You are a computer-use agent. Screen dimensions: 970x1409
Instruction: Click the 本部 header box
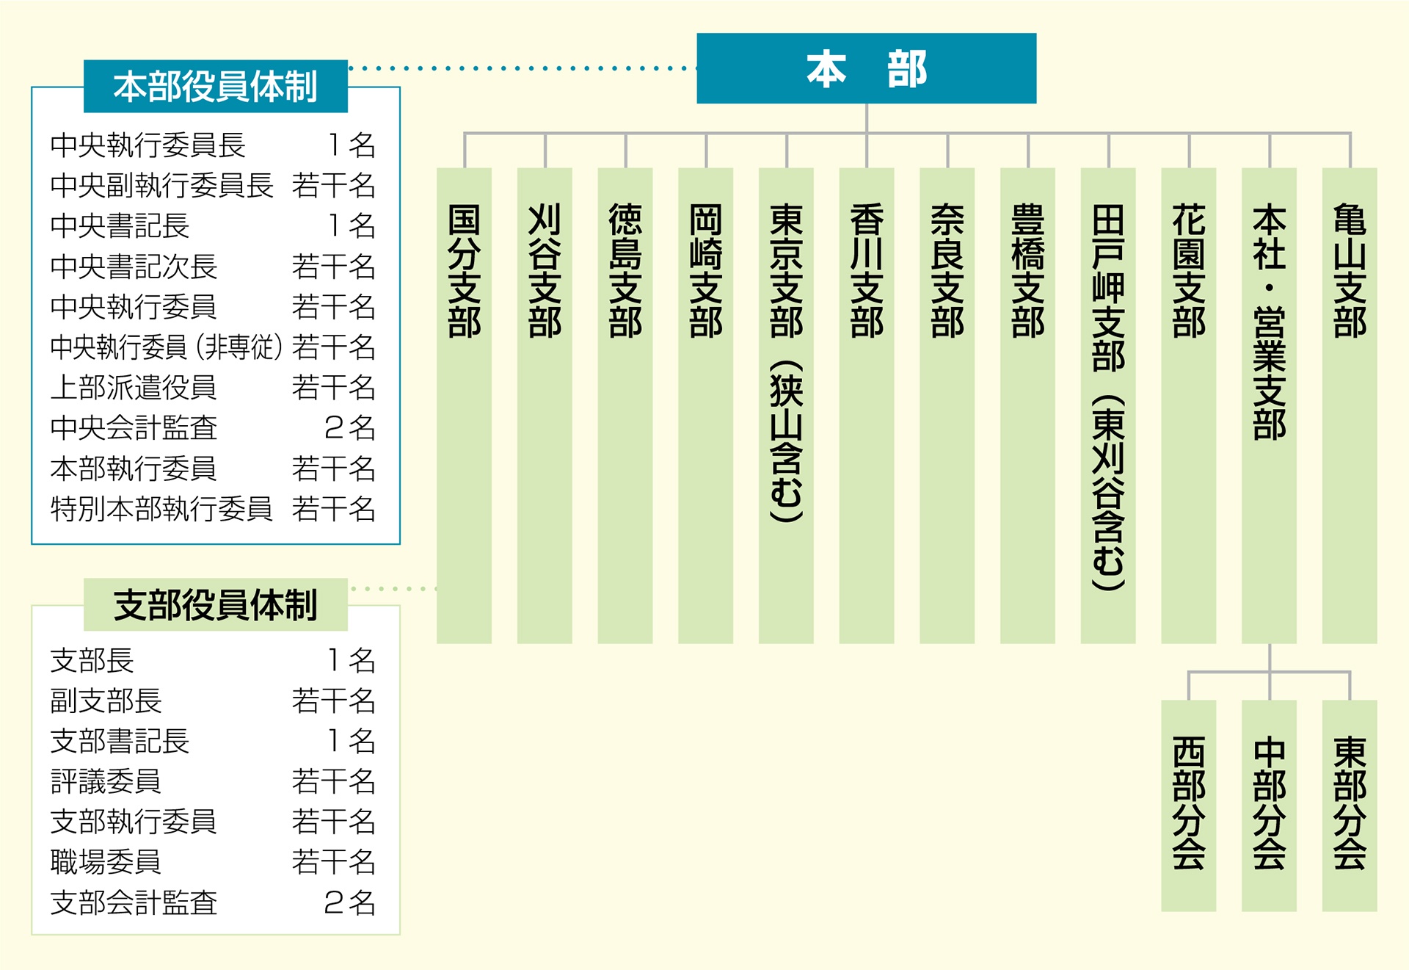pyautogui.click(x=866, y=68)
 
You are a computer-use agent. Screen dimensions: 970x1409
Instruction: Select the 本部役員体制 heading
pyautogui.click(x=215, y=87)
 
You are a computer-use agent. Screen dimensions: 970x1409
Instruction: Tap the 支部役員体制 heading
pyautogui.click(x=215, y=605)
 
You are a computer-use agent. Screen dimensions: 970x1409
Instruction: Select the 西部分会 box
pyautogui.click(x=1189, y=804)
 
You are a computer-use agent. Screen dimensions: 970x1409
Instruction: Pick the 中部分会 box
pyautogui.click(x=1269, y=804)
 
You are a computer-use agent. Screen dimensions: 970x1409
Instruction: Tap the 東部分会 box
pyautogui.click(x=1350, y=804)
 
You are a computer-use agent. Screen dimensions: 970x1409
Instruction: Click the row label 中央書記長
pyautogui.click(x=120, y=226)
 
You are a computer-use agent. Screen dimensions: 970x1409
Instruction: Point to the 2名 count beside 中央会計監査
pyautogui.click(x=349, y=428)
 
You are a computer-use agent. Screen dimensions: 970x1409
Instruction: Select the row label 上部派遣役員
pyautogui.click(x=134, y=388)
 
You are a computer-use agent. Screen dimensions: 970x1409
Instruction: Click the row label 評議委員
pyautogui.click(x=106, y=781)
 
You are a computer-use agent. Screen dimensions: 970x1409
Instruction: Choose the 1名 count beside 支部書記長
pyautogui.click(x=351, y=741)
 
